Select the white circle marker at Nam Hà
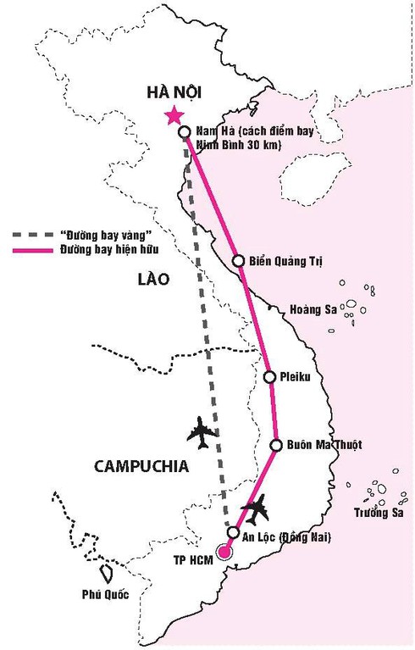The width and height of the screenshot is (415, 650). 184,131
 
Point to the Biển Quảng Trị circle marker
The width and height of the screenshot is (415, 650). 239,260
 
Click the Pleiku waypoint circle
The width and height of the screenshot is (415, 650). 269,377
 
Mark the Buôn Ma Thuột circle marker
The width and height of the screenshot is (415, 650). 276,445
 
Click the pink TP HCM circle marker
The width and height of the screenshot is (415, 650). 224,553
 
